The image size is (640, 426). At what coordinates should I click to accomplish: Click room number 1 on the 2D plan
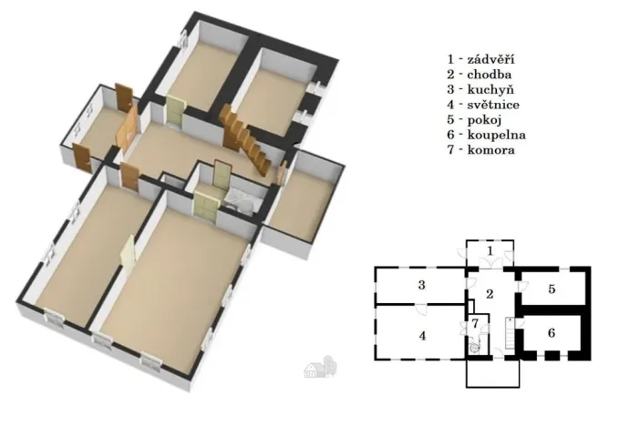490,249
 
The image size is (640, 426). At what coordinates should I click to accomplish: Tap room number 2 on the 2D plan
490,293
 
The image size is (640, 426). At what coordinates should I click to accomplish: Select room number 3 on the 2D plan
422,286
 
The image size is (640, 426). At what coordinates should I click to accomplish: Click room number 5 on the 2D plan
552,289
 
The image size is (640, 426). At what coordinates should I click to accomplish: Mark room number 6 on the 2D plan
552,332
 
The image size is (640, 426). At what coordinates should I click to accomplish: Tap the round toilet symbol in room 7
474,346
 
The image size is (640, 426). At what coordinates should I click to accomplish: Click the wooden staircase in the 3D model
244,141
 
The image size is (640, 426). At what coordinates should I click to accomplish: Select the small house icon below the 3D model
319,368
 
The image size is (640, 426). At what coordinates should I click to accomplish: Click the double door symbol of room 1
490,263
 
